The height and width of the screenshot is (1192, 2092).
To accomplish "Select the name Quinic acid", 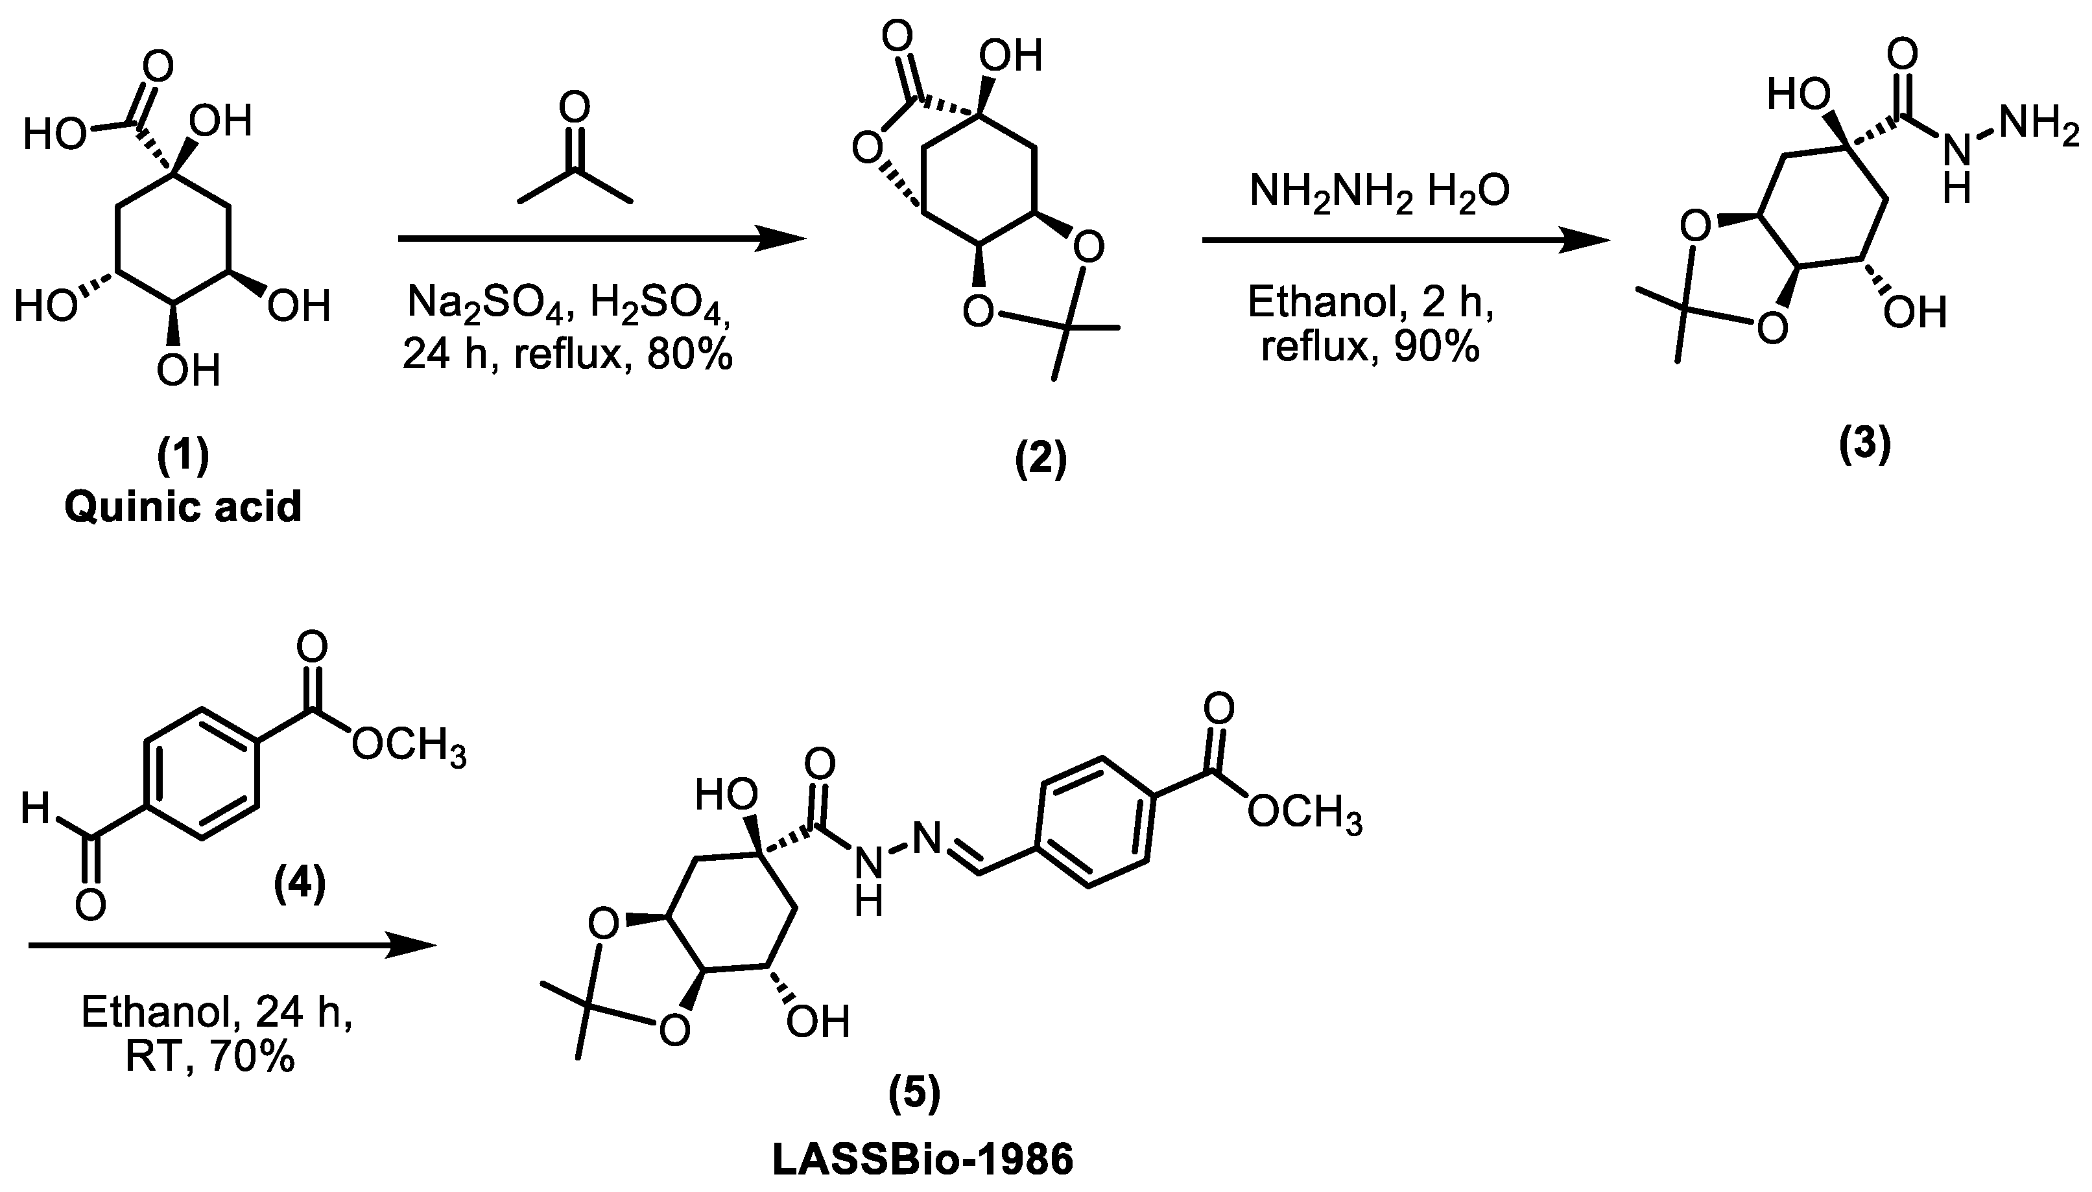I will coord(184,507).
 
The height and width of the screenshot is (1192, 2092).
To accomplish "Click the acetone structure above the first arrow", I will coord(575,156).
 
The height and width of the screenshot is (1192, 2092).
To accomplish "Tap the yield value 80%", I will coord(689,355).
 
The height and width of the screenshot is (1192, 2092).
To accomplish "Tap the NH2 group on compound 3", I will coord(2039,127).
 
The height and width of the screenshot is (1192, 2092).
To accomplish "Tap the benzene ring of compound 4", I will coord(202,774).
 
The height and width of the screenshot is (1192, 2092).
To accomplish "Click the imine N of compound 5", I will coord(928,837).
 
